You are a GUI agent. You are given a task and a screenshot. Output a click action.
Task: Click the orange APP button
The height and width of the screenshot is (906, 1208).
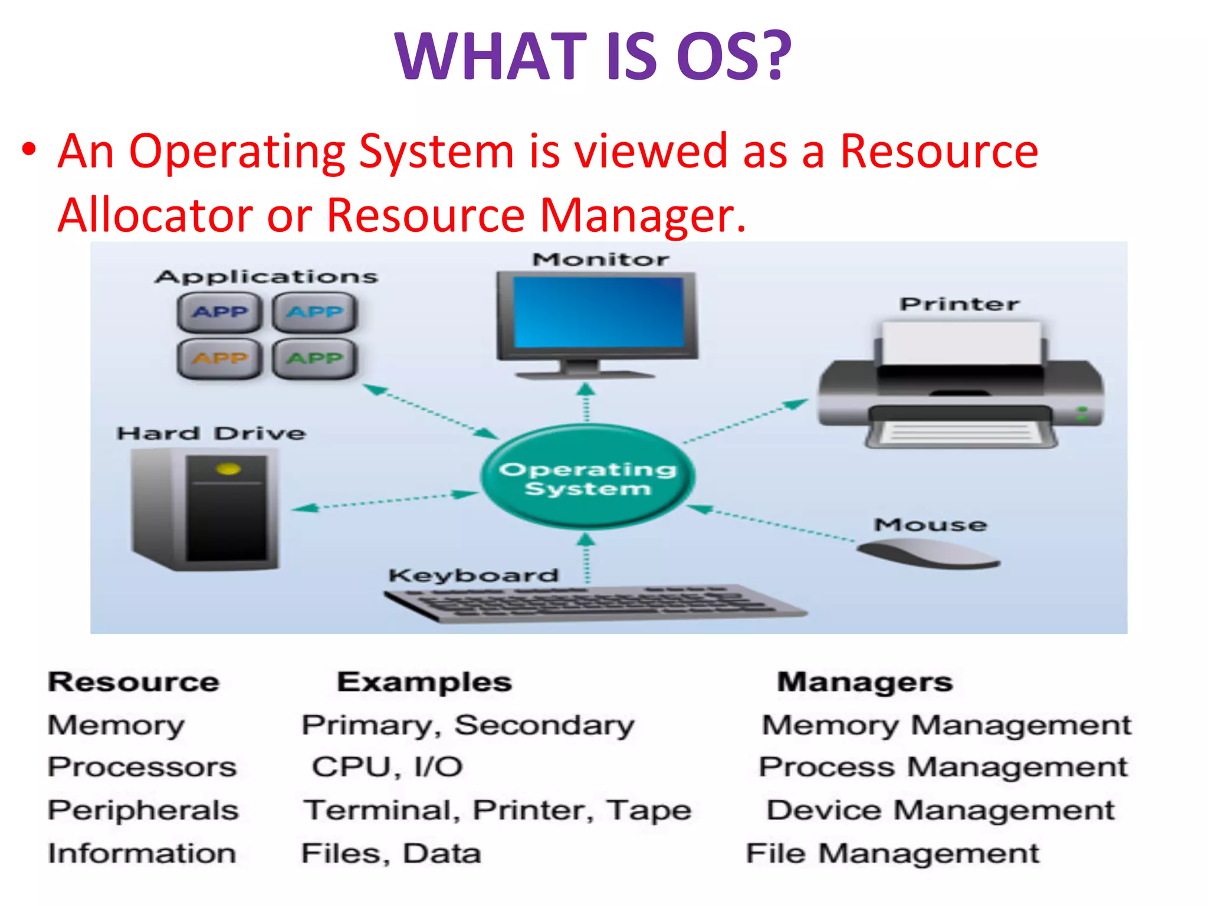[219, 358]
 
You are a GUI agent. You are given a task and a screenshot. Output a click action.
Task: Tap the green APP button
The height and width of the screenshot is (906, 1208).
[315, 358]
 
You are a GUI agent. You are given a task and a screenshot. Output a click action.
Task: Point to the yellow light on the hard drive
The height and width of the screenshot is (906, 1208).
[228, 470]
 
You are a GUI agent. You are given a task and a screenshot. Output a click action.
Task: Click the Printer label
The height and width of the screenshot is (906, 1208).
[959, 304]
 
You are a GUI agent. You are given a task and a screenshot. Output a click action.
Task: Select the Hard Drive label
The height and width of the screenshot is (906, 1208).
[211, 434]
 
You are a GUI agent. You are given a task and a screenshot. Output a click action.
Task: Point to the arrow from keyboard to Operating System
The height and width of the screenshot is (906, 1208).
[586, 557]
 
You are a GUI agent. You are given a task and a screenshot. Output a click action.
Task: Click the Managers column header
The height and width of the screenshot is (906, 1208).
[865, 682]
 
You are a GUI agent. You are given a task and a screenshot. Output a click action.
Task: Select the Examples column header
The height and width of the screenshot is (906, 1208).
[424, 682]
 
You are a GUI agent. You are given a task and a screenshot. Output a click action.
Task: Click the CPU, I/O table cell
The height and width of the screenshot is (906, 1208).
[387, 767]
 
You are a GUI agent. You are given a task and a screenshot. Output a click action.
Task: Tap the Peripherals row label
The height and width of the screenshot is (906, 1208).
[143, 810]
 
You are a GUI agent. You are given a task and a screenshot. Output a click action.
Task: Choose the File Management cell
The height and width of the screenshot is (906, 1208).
[892, 854]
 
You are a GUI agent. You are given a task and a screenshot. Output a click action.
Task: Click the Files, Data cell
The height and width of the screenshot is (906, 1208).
[391, 854]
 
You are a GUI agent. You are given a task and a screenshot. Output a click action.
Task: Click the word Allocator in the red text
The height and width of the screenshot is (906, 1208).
[155, 215]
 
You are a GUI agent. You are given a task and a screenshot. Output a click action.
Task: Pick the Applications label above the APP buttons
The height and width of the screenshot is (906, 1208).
[266, 277]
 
